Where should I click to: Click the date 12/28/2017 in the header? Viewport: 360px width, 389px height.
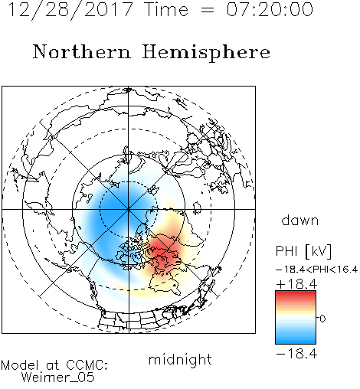(x=70, y=10)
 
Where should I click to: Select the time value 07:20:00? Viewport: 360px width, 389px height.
(x=270, y=10)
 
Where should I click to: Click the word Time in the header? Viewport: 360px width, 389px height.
(x=166, y=10)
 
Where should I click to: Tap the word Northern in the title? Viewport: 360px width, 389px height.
(x=82, y=52)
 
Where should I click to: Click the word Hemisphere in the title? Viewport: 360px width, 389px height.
(x=206, y=53)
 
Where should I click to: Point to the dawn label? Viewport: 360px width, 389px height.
(x=300, y=220)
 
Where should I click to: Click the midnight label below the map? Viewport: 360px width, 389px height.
(x=180, y=359)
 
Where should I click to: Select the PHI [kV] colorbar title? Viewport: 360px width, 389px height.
(x=304, y=251)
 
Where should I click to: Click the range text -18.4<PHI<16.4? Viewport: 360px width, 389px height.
(x=317, y=270)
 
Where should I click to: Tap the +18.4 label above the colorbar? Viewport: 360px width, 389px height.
(x=296, y=284)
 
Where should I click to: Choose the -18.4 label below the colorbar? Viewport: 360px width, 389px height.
(x=296, y=354)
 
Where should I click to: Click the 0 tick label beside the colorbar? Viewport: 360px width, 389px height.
(x=322, y=319)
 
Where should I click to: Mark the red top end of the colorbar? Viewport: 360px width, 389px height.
(x=296, y=293)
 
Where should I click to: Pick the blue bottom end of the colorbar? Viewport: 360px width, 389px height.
(x=296, y=342)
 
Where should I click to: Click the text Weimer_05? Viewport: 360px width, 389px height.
(x=58, y=378)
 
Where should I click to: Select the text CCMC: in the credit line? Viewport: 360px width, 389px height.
(x=87, y=365)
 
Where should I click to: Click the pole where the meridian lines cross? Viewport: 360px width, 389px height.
(x=129, y=209)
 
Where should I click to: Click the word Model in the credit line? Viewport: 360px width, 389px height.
(x=20, y=365)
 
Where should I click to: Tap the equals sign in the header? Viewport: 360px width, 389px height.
(x=208, y=10)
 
